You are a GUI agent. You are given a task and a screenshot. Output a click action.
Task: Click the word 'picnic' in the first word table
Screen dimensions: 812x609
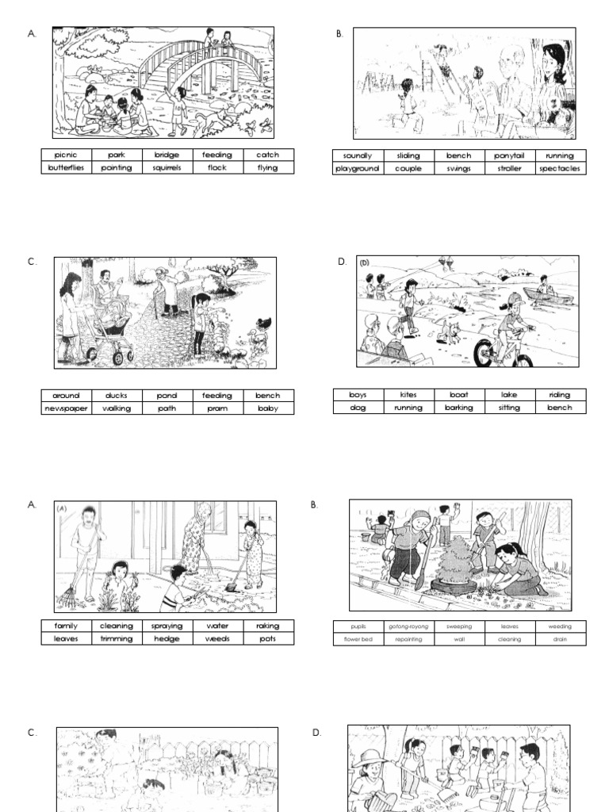[x=66, y=155]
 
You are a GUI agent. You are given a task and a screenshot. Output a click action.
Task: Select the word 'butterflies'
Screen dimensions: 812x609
[x=66, y=168]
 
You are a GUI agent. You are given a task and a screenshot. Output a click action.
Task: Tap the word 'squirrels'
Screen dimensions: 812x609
[x=167, y=168]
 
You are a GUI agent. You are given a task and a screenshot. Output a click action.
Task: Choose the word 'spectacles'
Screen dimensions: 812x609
[x=560, y=169]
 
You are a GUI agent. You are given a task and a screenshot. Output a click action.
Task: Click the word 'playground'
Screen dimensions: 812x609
[x=358, y=169]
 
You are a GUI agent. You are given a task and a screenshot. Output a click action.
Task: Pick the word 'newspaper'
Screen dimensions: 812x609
[x=66, y=408]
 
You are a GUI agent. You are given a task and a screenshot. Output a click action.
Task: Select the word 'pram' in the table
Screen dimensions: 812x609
[x=217, y=408]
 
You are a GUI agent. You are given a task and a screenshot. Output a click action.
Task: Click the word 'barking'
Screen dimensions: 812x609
[x=459, y=408]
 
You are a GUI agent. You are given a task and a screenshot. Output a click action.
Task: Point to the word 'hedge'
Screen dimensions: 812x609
[x=167, y=639]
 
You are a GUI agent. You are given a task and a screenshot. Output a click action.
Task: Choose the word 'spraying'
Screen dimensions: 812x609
[x=167, y=626]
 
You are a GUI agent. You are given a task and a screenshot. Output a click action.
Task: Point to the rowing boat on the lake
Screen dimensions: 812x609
[x=547, y=294]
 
